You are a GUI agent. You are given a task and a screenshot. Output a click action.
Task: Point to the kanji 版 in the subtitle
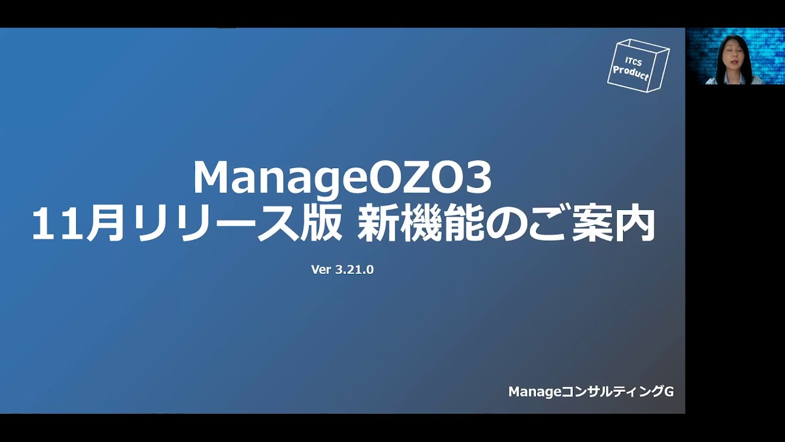pyautogui.click(x=319, y=225)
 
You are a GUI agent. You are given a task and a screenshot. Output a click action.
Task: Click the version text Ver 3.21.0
pyautogui.click(x=342, y=269)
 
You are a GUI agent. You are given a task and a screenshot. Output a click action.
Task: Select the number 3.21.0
pyautogui.click(x=354, y=269)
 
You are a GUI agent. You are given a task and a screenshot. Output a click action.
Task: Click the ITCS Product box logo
pyautogui.click(x=638, y=65)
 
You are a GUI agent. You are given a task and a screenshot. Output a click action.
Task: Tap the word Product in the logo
pyautogui.click(x=631, y=74)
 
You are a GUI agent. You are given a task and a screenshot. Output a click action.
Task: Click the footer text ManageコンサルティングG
pyautogui.click(x=591, y=392)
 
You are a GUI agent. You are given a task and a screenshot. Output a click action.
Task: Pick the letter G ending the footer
pyautogui.click(x=669, y=392)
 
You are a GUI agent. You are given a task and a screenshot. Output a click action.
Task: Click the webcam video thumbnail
pyautogui.click(x=735, y=56)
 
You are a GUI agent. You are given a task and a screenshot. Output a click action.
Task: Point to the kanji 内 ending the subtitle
pyautogui.click(x=637, y=225)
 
